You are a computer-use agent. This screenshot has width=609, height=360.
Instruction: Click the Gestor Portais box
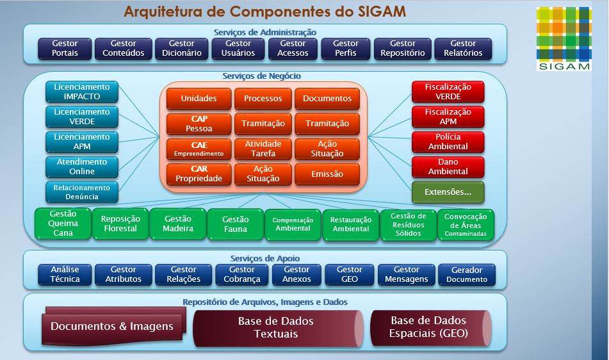click(x=65, y=49)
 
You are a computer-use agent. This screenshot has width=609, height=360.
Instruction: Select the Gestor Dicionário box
click(x=182, y=49)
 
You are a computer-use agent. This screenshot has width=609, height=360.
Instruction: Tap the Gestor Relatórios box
click(x=463, y=49)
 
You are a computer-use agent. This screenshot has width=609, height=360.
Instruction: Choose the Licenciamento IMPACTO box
click(x=82, y=92)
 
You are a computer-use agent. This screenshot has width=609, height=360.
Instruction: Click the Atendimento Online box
click(x=82, y=167)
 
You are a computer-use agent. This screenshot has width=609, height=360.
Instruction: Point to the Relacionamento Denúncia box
click(x=82, y=192)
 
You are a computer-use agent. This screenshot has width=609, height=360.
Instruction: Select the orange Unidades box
click(x=199, y=99)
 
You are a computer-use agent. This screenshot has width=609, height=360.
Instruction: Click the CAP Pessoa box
click(x=199, y=124)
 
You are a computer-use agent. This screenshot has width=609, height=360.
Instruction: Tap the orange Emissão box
click(x=327, y=174)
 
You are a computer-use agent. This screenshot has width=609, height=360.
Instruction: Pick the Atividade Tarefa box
click(x=263, y=149)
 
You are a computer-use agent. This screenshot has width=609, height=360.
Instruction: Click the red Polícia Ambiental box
click(x=448, y=142)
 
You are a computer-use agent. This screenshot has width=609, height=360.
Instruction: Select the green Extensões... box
click(x=448, y=192)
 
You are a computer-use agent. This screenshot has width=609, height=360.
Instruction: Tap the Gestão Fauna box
click(x=235, y=224)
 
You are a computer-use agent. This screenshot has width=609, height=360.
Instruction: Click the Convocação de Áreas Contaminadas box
click(x=466, y=224)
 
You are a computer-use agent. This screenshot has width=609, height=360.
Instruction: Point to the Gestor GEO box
click(x=350, y=274)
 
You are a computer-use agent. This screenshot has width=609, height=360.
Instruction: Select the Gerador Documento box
click(x=467, y=274)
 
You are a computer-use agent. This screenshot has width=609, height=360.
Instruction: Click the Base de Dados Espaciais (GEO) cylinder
click(x=430, y=327)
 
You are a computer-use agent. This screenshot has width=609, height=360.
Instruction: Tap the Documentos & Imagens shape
click(x=113, y=327)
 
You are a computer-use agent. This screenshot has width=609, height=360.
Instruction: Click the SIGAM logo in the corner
click(x=564, y=38)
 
